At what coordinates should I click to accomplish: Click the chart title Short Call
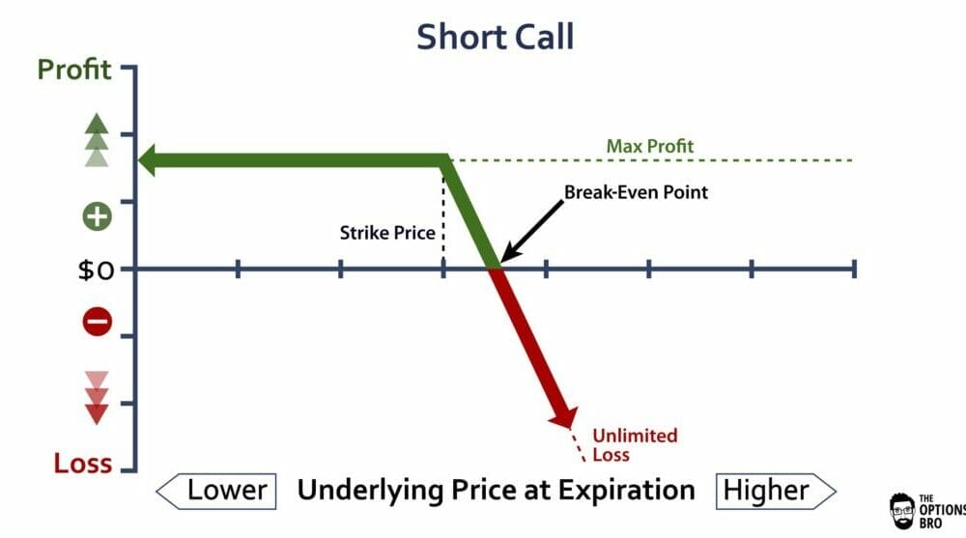(496, 37)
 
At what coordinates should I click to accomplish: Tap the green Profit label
(74, 69)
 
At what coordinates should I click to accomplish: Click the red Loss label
(82, 463)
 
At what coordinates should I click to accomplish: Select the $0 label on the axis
(96, 270)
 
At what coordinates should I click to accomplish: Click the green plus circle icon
(98, 216)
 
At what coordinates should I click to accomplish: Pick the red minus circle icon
(98, 321)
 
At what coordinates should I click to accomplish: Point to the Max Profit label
(650, 146)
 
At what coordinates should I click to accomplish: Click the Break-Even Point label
(636, 192)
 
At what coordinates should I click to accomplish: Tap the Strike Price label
(387, 233)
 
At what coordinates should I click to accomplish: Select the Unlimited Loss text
(635, 445)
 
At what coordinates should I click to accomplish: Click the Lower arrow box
(216, 492)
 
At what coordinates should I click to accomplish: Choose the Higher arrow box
(776, 492)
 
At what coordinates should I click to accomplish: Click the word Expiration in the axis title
(627, 491)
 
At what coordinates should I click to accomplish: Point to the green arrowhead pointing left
(148, 160)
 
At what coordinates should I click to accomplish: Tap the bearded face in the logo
(902, 510)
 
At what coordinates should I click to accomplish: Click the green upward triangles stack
(97, 140)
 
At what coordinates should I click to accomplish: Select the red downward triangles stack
(97, 398)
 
